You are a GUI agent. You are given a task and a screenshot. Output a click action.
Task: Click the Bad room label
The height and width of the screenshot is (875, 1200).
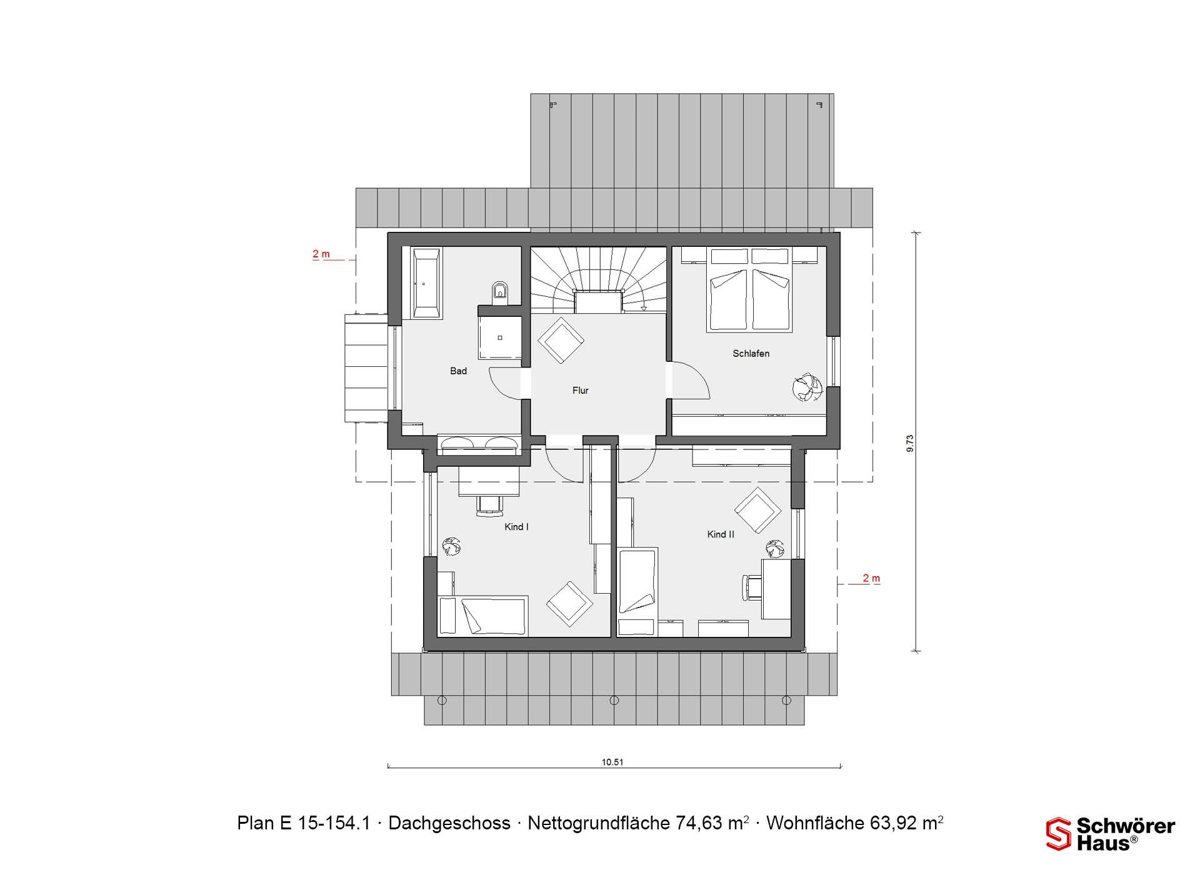click(458, 371)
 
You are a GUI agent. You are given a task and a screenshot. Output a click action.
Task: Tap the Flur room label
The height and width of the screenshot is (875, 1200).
click(580, 391)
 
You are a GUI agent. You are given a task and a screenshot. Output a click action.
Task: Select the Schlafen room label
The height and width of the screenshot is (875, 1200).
click(751, 354)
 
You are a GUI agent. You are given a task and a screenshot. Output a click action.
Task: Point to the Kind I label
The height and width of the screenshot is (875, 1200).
click(516, 527)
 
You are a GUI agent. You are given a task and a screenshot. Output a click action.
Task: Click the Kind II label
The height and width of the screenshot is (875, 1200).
click(721, 534)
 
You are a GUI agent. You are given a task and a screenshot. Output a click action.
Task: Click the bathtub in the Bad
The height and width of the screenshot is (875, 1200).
click(426, 283)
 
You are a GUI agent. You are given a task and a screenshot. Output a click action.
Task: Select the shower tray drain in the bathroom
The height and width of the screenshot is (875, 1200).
click(500, 338)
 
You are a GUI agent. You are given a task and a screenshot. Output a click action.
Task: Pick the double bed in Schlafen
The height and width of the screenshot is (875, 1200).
click(749, 289)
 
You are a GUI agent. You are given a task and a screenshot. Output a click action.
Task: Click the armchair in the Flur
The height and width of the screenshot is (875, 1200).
click(561, 340)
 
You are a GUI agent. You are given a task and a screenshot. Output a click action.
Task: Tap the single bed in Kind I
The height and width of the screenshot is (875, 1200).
click(483, 616)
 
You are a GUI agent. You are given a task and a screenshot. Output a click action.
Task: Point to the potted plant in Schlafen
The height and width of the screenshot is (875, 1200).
click(807, 387)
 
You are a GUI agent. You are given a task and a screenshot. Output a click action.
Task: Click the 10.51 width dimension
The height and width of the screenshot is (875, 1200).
click(612, 762)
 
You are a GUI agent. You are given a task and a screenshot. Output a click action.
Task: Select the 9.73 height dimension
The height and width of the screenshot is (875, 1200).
click(910, 443)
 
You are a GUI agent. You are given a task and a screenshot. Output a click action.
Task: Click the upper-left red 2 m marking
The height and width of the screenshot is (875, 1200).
click(321, 254)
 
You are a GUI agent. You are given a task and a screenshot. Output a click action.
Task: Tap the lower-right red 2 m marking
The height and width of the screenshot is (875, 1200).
click(871, 579)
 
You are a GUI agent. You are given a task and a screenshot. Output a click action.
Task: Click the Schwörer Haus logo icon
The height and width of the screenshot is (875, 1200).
click(1059, 834)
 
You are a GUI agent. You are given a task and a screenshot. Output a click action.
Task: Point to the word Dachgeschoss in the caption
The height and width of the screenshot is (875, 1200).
click(449, 823)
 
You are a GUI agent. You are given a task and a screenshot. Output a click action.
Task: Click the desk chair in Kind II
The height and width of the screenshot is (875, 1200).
click(751, 587)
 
